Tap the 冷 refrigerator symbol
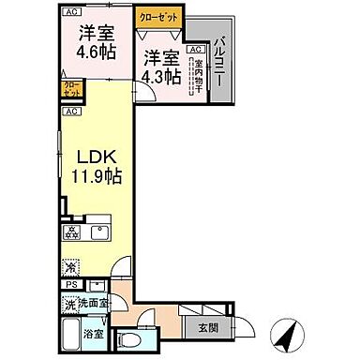pos(70,265)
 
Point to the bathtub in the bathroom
pos(71,335)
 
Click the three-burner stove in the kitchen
pos(71,231)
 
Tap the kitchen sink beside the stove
pos(99,231)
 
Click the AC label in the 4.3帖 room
pos(195,49)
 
